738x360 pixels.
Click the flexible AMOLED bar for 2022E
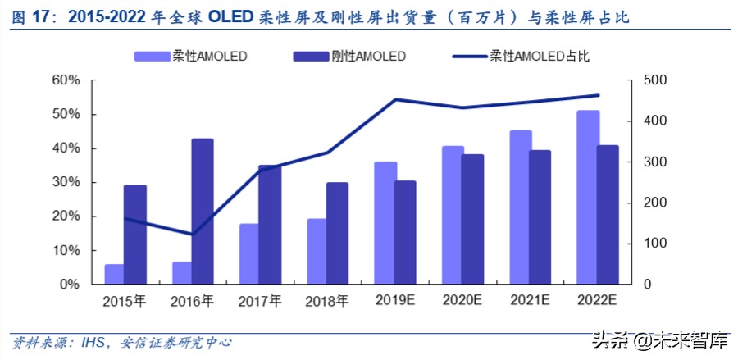tap(588, 197)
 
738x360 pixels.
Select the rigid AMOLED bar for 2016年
tap(203, 211)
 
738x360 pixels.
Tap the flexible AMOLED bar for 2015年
tap(114, 274)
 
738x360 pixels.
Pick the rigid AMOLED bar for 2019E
tap(404, 232)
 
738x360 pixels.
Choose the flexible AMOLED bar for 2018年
tap(317, 251)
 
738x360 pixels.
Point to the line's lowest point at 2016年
tap(192, 235)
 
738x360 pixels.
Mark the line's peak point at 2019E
tap(395, 99)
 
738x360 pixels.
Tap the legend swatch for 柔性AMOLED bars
tap(153, 57)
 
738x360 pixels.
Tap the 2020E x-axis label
tap(461, 301)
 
